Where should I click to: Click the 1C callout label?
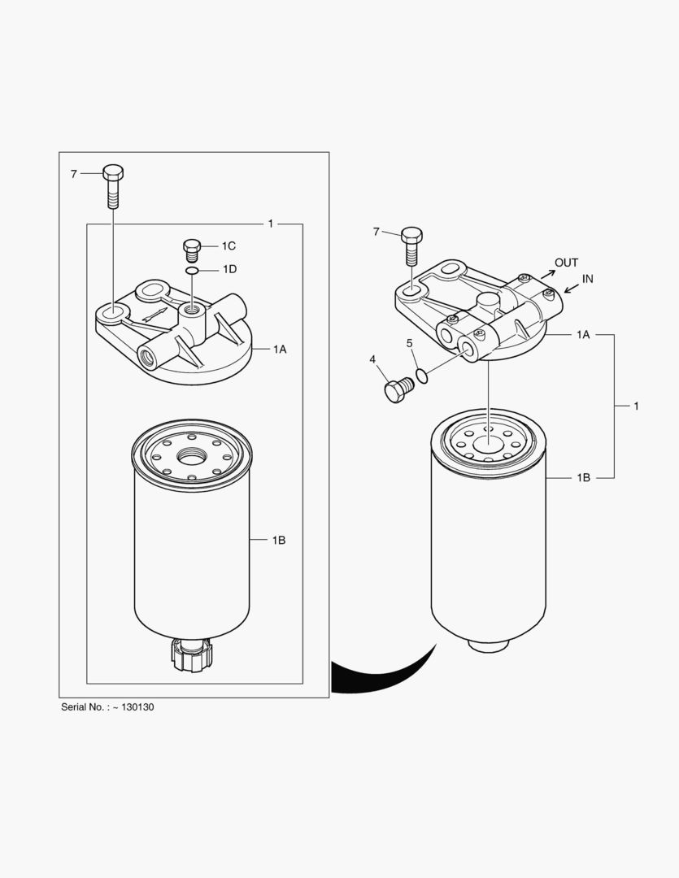pos(229,246)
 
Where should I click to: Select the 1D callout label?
pos(229,269)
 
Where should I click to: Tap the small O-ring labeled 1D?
pos(192,271)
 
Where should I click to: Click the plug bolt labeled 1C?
pos(192,250)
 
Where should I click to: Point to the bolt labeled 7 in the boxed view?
pos(113,186)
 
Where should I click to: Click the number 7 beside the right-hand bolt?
pos(376,232)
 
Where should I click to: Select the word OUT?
pos(567,263)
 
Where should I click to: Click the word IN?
pos(587,279)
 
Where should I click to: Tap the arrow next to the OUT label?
pos(548,274)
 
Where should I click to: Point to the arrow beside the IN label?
pos(572,288)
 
